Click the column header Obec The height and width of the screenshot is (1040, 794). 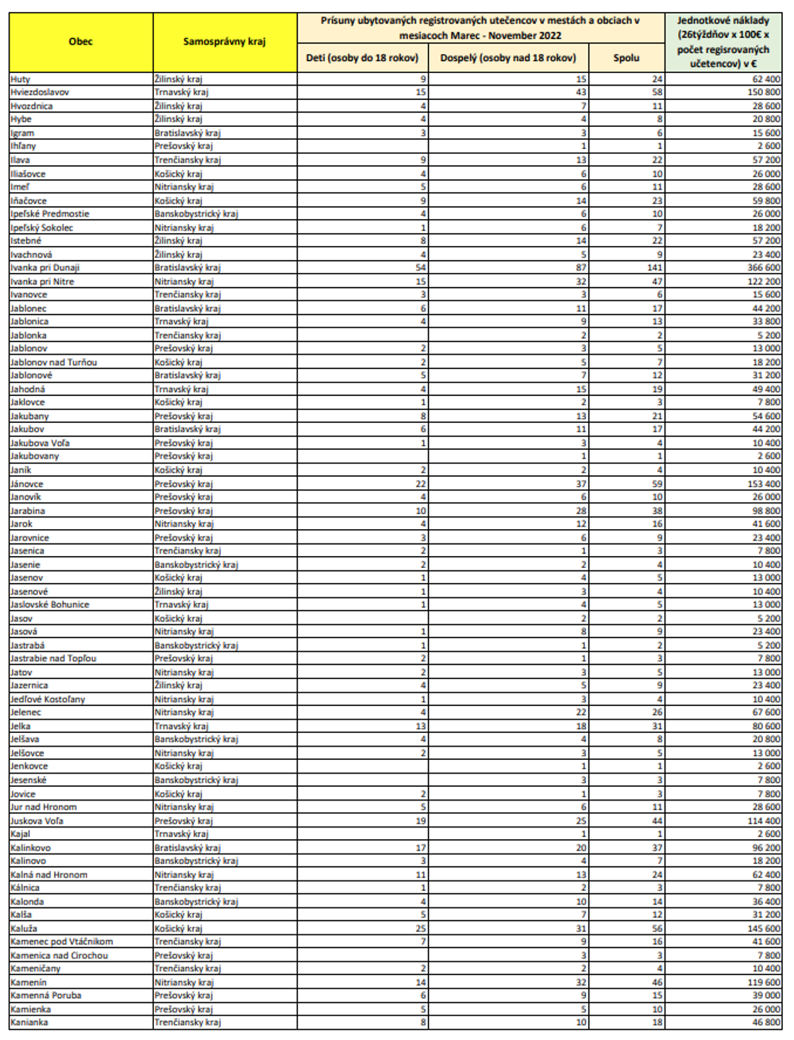pyautogui.click(x=80, y=42)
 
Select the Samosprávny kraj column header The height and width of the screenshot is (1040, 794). pyautogui.click(x=225, y=42)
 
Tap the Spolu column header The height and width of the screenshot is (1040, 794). pyautogui.click(x=626, y=58)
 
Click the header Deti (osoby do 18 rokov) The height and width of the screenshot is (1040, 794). pyautogui.click(x=363, y=58)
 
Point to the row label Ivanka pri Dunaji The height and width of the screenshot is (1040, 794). pyautogui.click(x=45, y=268)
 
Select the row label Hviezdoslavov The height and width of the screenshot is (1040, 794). pyautogui.click(x=40, y=93)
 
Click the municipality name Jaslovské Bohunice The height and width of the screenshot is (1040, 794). pyautogui.click(x=50, y=604)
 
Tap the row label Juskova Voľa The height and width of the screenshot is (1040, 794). pyautogui.click(x=37, y=821)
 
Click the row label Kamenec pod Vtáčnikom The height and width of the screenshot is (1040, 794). pyautogui.click(x=62, y=942)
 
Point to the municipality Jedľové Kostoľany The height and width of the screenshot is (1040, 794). pyautogui.click(x=48, y=700)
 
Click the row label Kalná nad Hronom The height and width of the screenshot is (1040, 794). pyautogui.click(x=49, y=875)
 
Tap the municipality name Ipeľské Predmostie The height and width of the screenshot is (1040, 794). pyautogui.click(x=50, y=214)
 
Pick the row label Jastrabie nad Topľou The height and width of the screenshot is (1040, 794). pyautogui.click(x=53, y=658)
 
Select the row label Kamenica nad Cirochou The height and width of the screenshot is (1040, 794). pyautogui.click(x=60, y=956)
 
